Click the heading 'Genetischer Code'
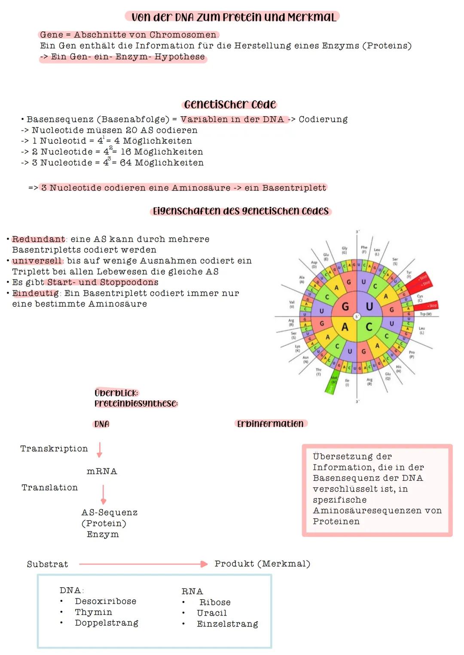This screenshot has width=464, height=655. point(230,104)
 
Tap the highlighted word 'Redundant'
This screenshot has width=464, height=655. point(39,239)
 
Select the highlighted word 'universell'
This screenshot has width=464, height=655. point(37,261)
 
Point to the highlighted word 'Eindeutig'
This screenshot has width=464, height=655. point(36,293)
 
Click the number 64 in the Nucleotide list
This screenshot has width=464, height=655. point(125,163)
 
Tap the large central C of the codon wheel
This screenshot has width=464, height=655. point(369,327)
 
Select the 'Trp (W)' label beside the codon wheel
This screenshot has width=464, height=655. point(425,314)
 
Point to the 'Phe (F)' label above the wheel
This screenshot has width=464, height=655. point(364,249)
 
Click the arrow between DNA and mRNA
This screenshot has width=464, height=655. point(99,450)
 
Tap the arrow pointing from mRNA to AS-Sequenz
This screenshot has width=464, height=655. point(103,494)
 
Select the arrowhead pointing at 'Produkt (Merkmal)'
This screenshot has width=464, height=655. point(204,564)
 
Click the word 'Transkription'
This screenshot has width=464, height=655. point(54,449)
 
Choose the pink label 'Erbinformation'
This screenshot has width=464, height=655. point(270,424)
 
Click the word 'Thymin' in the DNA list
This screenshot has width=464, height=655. point(93,612)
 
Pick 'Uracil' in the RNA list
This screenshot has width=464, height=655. point(211,613)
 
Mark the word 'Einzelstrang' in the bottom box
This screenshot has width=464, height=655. point(227,624)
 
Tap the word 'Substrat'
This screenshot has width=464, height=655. point(47,564)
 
